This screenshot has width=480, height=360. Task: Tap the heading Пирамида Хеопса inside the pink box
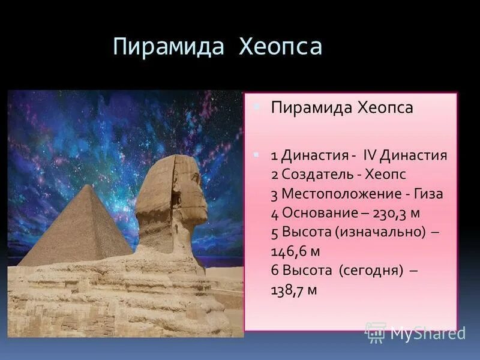click(x=342, y=108)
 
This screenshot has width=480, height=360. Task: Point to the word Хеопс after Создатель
click(x=384, y=175)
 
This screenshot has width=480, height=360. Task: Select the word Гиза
click(x=428, y=194)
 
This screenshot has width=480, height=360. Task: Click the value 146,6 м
click(x=293, y=251)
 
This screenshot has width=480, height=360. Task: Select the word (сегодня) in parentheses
click(x=370, y=271)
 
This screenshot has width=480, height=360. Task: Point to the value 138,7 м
click(x=293, y=290)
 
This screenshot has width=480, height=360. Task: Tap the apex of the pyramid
click(x=88, y=187)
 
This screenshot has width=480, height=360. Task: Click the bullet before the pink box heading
click(x=257, y=106)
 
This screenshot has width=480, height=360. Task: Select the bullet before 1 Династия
click(x=257, y=154)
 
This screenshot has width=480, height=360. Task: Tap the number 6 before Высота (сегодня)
click(x=274, y=271)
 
